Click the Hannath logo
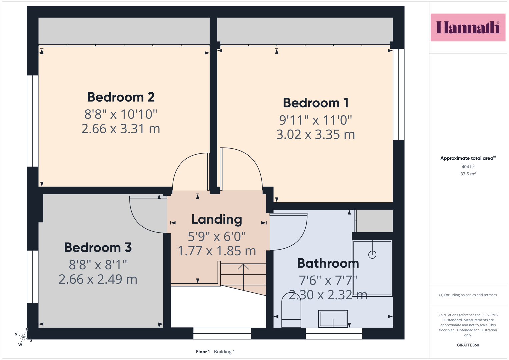click(468, 27)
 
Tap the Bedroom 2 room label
click(121, 97)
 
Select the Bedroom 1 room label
click(316, 103)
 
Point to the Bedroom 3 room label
click(98, 247)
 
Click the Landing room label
click(217, 220)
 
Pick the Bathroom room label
click(328, 263)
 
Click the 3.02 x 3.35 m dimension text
click(316, 134)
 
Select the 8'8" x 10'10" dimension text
click(121, 114)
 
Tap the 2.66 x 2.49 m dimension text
click(98, 279)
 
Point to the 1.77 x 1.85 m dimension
click(217, 251)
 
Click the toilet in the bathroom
click(291, 310)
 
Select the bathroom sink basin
click(333, 319)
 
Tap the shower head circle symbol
click(372, 255)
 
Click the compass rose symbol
click(23, 337)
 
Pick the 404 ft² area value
click(468, 167)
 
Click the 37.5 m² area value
click(468, 174)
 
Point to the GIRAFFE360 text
click(468, 345)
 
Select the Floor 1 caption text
click(203, 352)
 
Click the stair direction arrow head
click(243, 267)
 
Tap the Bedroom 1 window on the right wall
click(399, 94)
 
